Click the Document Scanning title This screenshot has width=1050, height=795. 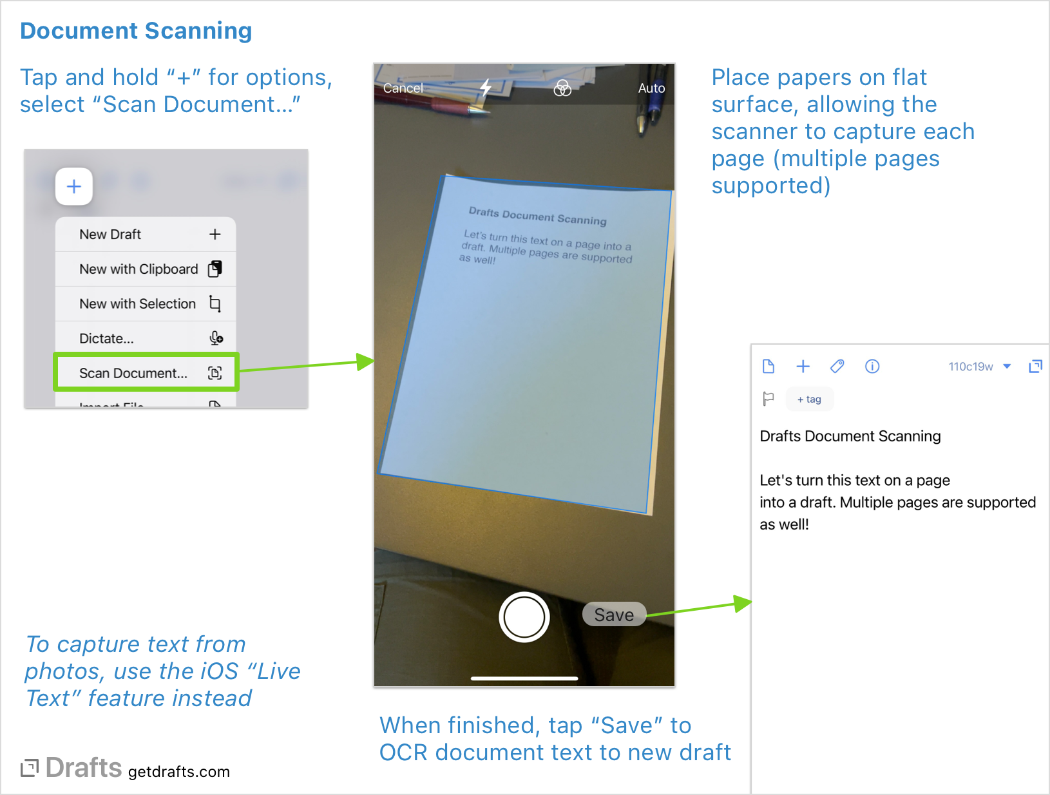pyautogui.click(x=136, y=31)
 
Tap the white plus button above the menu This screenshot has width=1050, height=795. pyautogui.click(x=74, y=187)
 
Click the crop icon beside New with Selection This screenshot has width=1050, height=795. pyautogui.click(x=215, y=303)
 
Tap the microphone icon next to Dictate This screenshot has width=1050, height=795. pyautogui.click(x=216, y=338)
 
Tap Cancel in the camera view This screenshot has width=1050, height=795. pyautogui.click(x=403, y=88)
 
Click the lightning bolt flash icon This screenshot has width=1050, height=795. pyautogui.click(x=486, y=88)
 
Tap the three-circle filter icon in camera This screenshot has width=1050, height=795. pyautogui.click(x=562, y=88)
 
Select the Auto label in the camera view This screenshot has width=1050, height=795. pyautogui.click(x=651, y=88)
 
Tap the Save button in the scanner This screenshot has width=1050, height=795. pyautogui.click(x=614, y=615)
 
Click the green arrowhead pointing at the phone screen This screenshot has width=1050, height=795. pyautogui.click(x=365, y=361)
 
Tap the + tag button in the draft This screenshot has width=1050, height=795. pyautogui.click(x=809, y=399)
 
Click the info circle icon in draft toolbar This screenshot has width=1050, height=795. pyautogui.click(x=872, y=367)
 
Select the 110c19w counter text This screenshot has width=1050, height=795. pyautogui.click(x=970, y=367)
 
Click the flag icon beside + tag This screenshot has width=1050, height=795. pyautogui.click(x=768, y=399)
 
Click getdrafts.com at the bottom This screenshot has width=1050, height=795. pyautogui.click(x=178, y=772)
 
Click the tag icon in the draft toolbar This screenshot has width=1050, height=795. pyautogui.click(x=837, y=367)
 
